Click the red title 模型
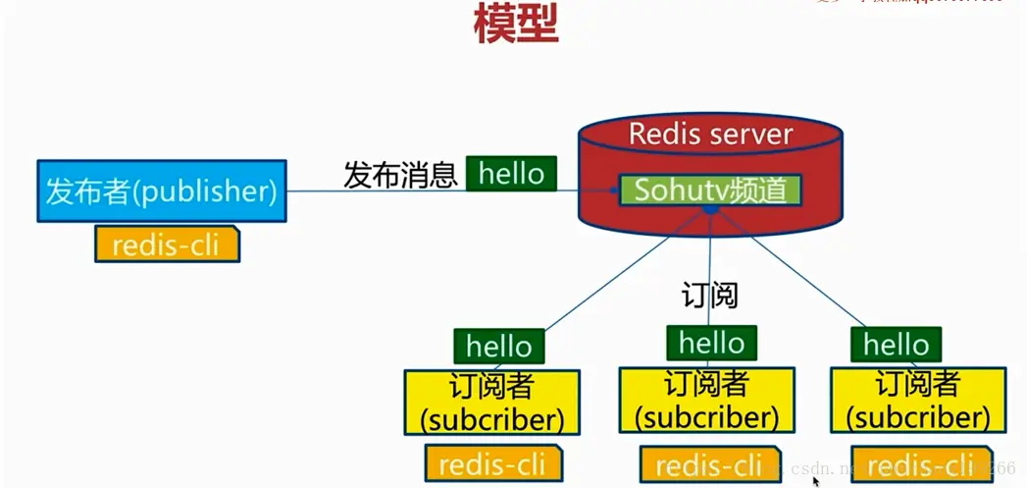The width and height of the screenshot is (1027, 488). click(x=515, y=24)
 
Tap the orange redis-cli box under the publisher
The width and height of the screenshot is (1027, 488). click(x=167, y=244)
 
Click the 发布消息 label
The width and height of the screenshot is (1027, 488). click(x=400, y=175)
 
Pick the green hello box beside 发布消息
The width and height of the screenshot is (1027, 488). click(x=511, y=174)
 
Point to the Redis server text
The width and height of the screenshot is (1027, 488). click(x=710, y=134)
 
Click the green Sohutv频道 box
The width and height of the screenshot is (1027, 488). click(x=710, y=190)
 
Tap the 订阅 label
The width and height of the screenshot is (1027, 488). click(x=709, y=295)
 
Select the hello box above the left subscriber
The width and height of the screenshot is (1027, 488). click(x=498, y=347)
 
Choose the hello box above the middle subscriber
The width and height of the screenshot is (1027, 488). click(x=711, y=343)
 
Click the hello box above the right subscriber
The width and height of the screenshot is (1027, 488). click(x=896, y=345)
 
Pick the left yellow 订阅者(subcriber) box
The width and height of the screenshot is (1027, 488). click(x=491, y=402)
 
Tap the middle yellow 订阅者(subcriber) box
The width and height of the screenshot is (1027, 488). click(x=706, y=400)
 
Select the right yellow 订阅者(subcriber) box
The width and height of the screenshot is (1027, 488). click(x=917, y=400)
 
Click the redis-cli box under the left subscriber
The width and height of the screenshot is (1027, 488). click(x=492, y=463)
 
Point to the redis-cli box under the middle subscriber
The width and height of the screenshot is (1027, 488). click(x=708, y=464)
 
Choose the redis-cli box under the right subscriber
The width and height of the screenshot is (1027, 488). click(x=920, y=464)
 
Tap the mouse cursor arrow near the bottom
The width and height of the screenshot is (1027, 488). click(x=815, y=481)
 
